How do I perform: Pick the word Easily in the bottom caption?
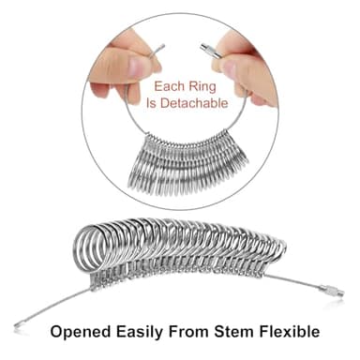[x=145, y=331]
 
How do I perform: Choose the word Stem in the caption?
[x=247, y=331]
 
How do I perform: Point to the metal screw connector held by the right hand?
[x=205, y=46]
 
